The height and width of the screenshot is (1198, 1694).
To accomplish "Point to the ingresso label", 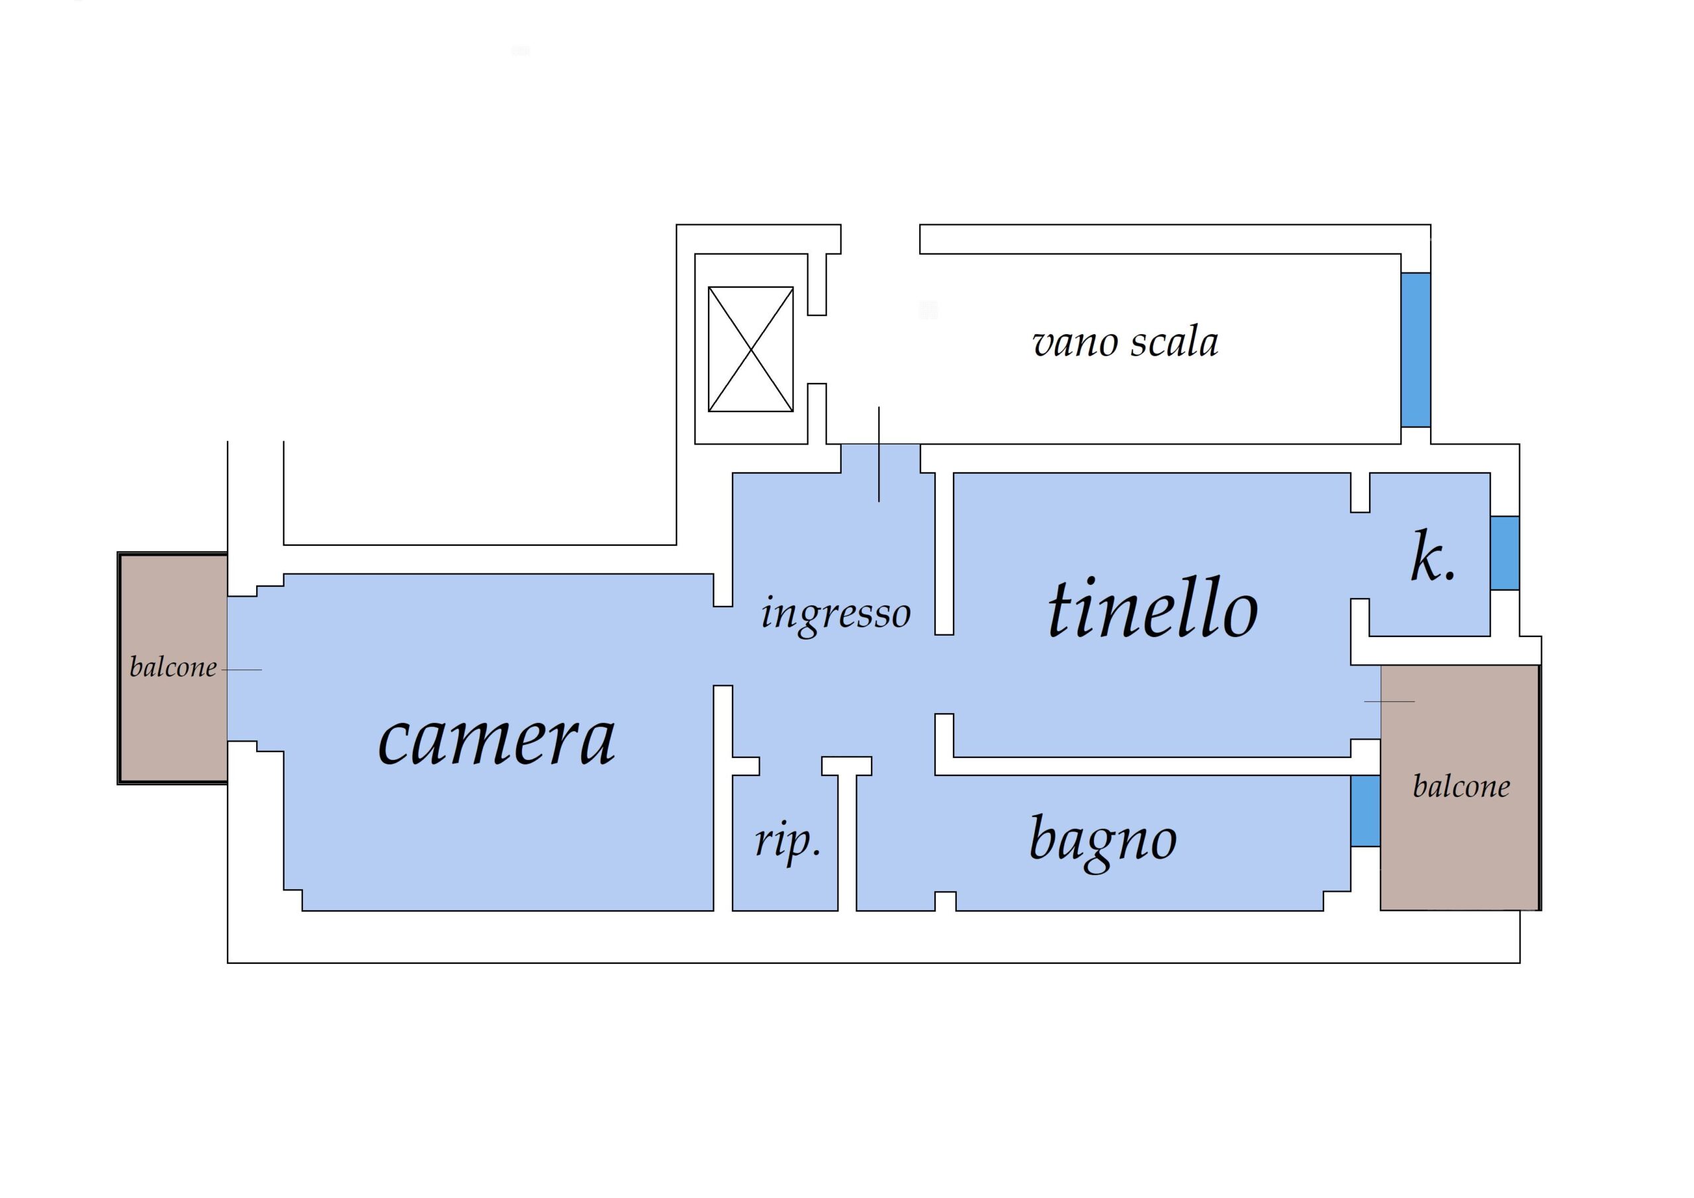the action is coord(836,615).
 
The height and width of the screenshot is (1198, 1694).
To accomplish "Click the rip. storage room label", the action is coord(787,841).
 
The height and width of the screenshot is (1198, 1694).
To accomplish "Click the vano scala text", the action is coord(1125,343).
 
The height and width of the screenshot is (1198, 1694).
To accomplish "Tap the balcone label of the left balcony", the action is coord(173,667).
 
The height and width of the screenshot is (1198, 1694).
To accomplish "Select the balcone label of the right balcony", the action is coord(1461,787).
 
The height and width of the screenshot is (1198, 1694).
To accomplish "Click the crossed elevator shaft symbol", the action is coord(750,349).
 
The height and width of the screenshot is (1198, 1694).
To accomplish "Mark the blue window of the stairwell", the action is coord(1415,350).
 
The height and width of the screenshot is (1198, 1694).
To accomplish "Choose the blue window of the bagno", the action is coord(1366,811).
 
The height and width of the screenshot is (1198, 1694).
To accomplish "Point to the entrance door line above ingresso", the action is coord(879,454).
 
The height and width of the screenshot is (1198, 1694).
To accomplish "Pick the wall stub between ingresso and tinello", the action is coord(944,553).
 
